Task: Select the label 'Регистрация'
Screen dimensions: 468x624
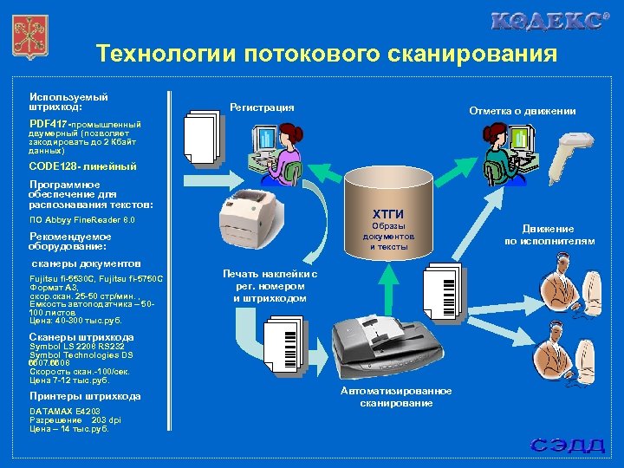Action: tap(262, 107)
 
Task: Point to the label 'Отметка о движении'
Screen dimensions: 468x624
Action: tap(523, 111)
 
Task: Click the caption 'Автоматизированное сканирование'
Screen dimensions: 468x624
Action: tap(384, 397)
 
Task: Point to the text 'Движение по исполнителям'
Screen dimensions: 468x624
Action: tap(549, 235)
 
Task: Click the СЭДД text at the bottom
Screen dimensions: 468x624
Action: tap(568, 445)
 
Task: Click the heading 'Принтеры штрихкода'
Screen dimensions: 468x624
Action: tap(85, 396)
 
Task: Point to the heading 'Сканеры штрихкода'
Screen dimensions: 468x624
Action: tap(81, 337)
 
